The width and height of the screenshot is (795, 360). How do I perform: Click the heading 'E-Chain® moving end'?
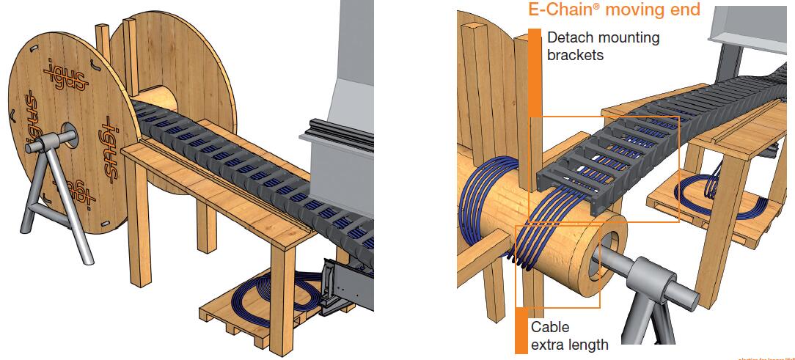[x=614, y=10]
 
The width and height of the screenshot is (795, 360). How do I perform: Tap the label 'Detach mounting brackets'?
[x=603, y=45]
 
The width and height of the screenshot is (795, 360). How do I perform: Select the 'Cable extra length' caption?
[x=569, y=335]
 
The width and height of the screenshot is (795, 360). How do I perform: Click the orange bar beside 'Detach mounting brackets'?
[x=535, y=73]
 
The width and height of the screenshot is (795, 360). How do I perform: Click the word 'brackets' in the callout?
[x=575, y=54]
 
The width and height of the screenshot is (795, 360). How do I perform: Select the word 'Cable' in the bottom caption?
[x=549, y=327]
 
